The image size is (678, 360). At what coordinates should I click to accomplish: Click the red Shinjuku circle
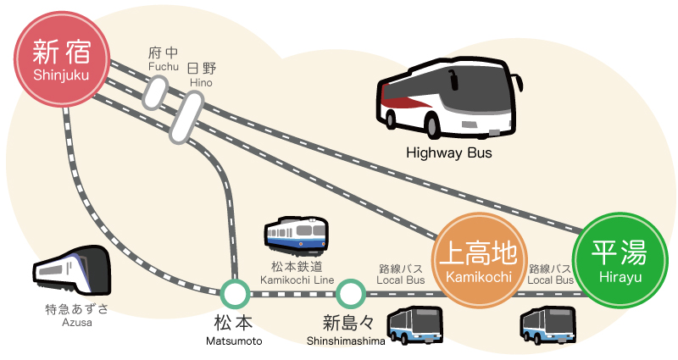tap(62, 59)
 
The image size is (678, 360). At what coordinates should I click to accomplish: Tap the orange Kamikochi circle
tap(479, 260)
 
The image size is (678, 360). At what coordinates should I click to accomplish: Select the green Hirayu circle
tap(620, 260)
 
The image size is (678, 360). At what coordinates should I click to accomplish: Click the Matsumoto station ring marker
tap(235, 294)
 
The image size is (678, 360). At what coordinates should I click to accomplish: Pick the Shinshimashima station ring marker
tap(350, 294)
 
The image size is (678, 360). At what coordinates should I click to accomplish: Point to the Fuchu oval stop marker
tap(155, 92)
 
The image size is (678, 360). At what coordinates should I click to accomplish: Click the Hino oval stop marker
tap(186, 118)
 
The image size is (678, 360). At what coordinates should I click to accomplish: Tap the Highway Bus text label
tap(449, 152)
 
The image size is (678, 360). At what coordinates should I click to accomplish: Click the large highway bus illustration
tap(449, 97)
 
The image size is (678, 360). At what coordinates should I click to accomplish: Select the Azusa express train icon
tap(72, 270)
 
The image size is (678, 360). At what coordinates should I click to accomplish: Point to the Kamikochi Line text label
tap(297, 280)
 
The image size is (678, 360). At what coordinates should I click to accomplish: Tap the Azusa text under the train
tap(76, 323)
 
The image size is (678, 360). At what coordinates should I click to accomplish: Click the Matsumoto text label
tap(234, 341)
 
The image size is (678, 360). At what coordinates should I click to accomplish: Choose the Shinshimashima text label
tap(346, 341)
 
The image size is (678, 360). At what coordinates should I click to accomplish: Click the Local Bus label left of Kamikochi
tap(400, 280)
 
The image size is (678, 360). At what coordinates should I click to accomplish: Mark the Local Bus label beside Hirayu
tap(550, 280)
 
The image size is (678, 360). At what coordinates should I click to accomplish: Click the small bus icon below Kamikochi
tap(414, 325)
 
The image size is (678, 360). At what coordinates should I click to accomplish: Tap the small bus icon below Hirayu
tap(547, 325)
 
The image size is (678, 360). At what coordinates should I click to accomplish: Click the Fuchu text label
tap(163, 67)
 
